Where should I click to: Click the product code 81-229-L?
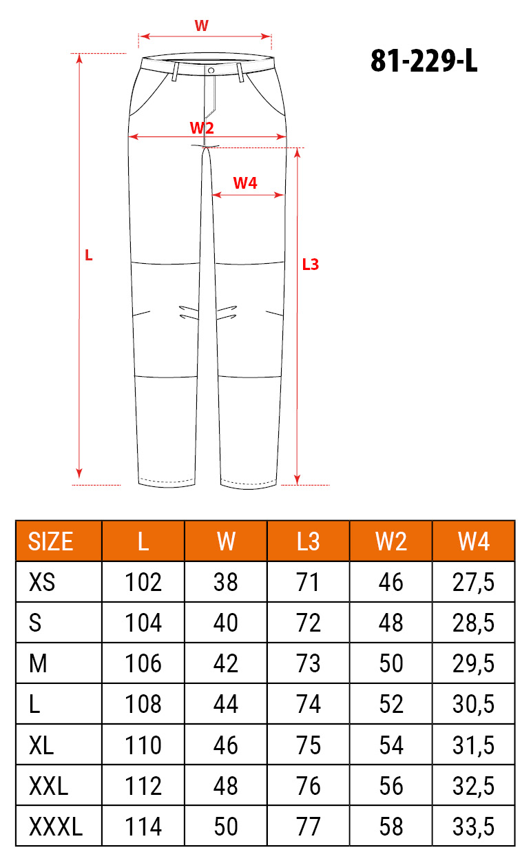pos(424,61)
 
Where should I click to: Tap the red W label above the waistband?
pos(201,25)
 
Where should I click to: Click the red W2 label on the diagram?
pos(202,127)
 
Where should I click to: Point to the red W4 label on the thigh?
pos(245,183)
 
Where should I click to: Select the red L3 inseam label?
pos(311,264)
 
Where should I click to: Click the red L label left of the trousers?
pos(88,256)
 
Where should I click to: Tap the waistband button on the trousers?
pos(211,70)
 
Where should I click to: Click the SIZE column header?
pos(50,541)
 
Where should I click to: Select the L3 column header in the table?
pos(308,541)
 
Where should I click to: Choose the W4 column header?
pos(474,541)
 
